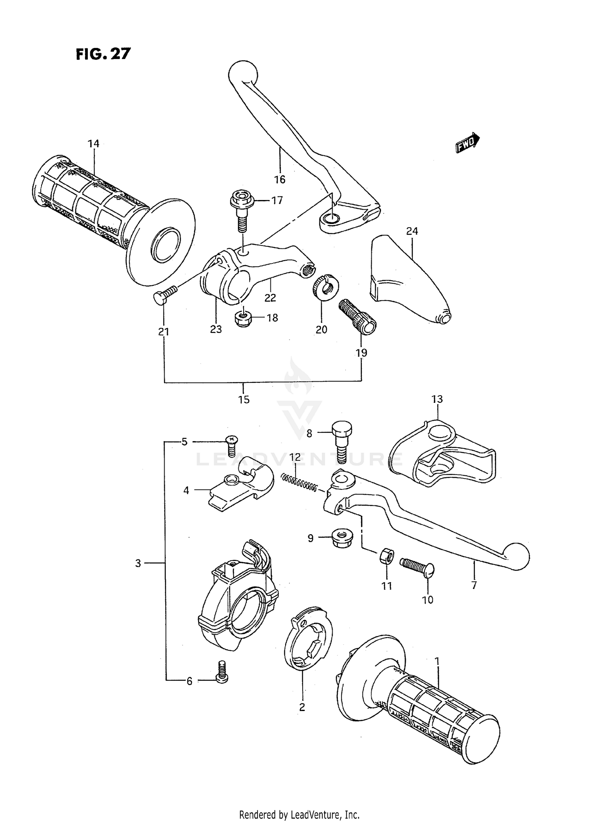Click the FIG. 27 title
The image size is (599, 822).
(103, 53)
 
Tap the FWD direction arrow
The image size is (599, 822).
(467, 143)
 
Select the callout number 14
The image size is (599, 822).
(93, 143)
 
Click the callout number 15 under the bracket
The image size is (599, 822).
(244, 399)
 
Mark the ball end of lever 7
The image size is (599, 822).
(517, 556)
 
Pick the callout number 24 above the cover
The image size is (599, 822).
(412, 231)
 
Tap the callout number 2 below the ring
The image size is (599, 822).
(302, 707)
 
